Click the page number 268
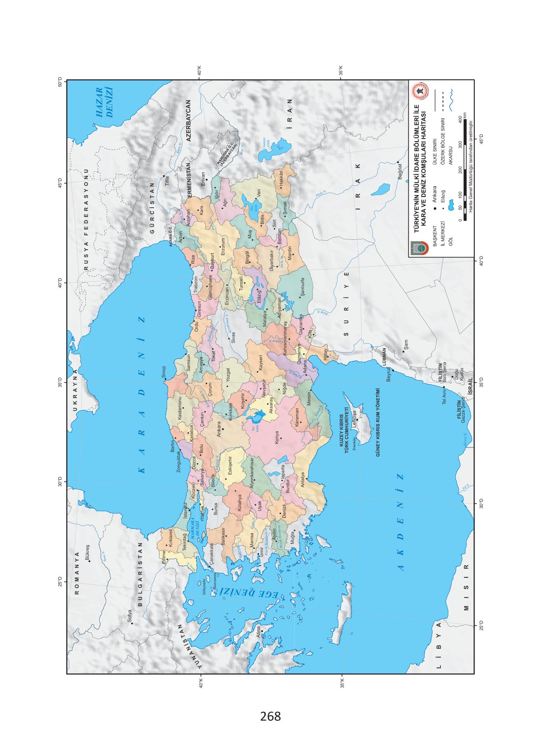coord(270,716)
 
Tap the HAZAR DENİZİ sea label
coord(104,102)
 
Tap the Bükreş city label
coord(88,553)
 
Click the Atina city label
coord(259,632)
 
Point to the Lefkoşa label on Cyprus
coord(355,418)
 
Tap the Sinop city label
coord(163,372)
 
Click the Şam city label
coord(406,345)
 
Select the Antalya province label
coord(302,481)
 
